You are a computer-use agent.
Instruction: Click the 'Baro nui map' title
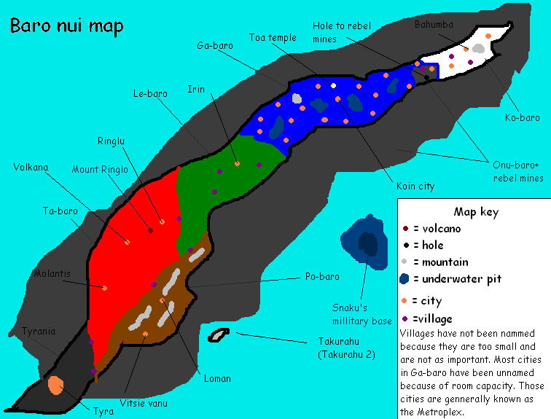(x=66, y=26)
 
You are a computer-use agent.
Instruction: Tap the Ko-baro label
(x=522, y=117)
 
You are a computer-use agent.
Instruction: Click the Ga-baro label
(x=215, y=45)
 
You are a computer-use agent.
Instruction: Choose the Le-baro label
(x=151, y=93)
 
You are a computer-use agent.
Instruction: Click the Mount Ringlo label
(x=100, y=170)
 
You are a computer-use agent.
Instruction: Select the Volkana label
(x=31, y=167)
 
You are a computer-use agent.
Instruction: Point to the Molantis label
(x=52, y=274)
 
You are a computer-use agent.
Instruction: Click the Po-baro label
(x=321, y=277)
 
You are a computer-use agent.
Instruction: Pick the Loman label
(x=217, y=378)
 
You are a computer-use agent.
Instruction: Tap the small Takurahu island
(x=219, y=335)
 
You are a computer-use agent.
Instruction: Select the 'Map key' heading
(x=475, y=212)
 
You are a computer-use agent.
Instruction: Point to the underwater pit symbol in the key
(x=405, y=278)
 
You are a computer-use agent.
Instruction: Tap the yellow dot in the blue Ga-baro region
(x=333, y=85)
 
